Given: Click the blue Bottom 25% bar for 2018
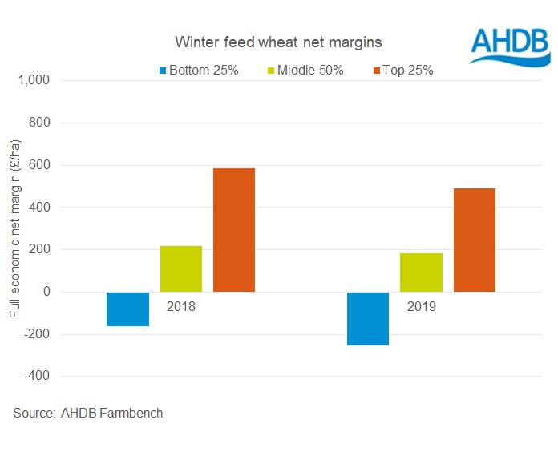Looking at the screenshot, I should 127,309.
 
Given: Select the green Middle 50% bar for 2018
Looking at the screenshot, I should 181,268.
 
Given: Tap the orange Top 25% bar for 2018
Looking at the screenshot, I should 234,230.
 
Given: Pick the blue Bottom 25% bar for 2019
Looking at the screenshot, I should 367,318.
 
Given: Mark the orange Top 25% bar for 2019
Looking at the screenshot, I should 474,240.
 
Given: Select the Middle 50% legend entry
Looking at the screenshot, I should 306,71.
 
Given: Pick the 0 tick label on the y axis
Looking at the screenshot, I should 46,292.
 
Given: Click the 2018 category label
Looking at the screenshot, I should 181,306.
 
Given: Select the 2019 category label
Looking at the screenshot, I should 421,306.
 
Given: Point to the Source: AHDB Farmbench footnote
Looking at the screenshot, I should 88,414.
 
